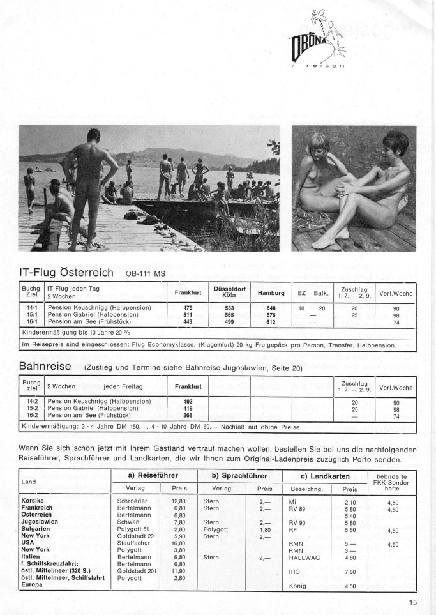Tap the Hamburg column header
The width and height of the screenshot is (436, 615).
pos(270,293)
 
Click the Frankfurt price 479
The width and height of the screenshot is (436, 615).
pos(188,308)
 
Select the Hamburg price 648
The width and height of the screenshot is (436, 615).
pos(270,308)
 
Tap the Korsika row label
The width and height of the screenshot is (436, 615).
pos(33,501)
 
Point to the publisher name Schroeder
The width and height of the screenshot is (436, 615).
pos(133,501)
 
